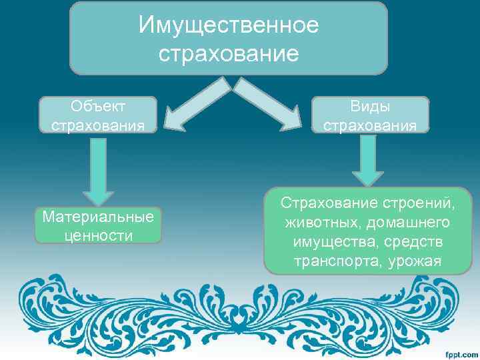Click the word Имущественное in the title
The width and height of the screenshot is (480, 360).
pyautogui.click(x=229, y=25)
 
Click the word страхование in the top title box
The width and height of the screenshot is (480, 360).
pyautogui.click(x=229, y=53)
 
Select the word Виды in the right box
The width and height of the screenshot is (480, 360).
pyautogui.click(x=371, y=107)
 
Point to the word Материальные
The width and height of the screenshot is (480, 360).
pyautogui.click(x=98, y=217)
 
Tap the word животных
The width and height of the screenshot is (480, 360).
pyautogui.click(x=317, y=221)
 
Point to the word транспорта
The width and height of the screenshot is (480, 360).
pyautogui.click(x=335, y=260)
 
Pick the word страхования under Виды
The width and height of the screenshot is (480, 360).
pyautogui.click(x=371, y=125)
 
